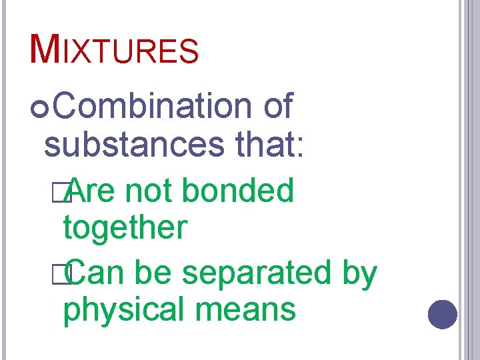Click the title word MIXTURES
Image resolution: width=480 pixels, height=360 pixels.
[x=115, y=49]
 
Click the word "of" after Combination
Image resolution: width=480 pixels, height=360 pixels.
[x=279, y=107]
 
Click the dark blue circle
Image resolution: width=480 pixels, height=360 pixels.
[x=442, y=314]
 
